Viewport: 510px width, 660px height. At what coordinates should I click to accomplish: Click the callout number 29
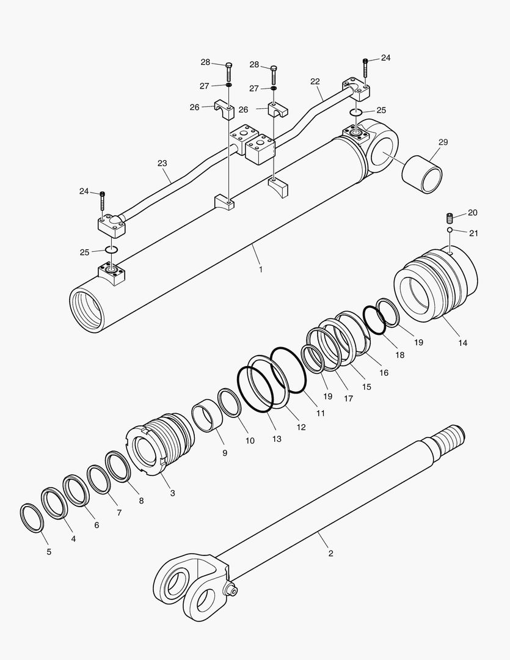click(443, 142)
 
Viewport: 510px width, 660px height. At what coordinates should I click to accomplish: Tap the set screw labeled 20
click(450, 218)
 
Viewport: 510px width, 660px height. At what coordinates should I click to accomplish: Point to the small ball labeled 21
click(450, 230)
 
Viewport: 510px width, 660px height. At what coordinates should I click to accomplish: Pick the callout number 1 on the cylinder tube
click(261, 269)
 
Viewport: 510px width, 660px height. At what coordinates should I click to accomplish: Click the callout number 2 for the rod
click(330, 554)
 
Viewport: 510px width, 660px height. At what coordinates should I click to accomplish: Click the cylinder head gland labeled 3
click(160, 442)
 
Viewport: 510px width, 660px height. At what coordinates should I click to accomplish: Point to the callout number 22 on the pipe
click(315, 81)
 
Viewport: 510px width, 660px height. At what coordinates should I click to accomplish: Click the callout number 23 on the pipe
click(162, 163)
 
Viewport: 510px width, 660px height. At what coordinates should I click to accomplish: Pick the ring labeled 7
click(98, 480)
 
